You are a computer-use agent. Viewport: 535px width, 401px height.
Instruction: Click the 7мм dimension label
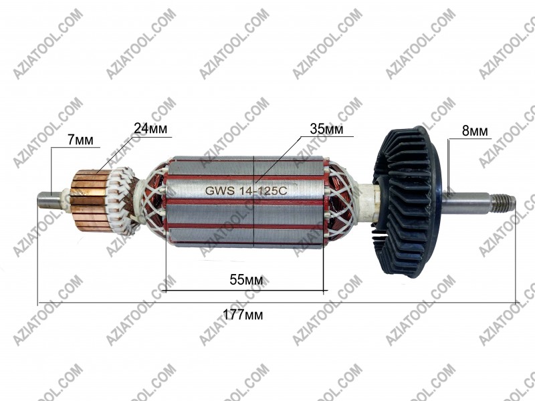tap(80, 140)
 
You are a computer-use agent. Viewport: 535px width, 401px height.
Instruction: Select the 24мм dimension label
tap(150, 128)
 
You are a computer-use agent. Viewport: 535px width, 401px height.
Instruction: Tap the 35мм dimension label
tap(326, 129)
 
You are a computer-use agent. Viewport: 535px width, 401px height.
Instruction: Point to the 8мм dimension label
tap(475, 131)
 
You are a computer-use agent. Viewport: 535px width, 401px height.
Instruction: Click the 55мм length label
tap(246, 279)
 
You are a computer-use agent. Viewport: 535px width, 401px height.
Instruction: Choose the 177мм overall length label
tap(243, 314)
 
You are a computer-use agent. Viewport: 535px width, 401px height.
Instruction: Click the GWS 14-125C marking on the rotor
tap(246, 190)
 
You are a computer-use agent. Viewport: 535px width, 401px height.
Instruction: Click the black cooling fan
tap(407, 200)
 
